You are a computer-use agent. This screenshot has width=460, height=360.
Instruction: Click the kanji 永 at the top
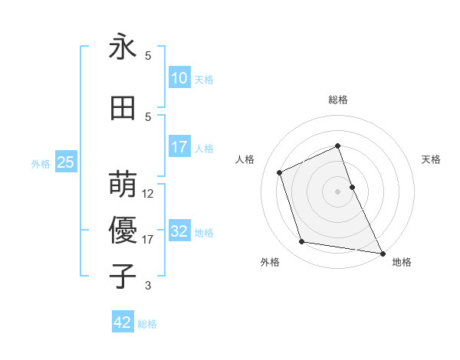point(123,47)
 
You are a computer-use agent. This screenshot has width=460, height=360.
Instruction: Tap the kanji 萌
point(123,184)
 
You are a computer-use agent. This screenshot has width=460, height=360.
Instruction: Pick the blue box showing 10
point(179,79)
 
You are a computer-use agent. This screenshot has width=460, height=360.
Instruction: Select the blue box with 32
point(179,232)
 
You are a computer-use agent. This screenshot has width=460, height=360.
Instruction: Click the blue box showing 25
point(65,163)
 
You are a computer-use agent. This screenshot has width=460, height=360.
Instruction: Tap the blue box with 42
point(123,322)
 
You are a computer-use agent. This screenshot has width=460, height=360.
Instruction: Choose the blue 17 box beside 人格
point(179,147)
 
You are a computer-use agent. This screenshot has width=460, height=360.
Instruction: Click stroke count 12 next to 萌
point(148,194)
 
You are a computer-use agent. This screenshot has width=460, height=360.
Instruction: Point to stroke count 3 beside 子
point(148,286)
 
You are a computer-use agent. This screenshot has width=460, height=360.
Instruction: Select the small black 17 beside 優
point(148,240)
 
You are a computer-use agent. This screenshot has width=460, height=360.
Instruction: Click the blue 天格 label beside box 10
point(204,80)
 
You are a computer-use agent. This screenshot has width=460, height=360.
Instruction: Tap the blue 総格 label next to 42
point(147,323)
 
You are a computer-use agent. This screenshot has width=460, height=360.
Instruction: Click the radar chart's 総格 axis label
point(337,100)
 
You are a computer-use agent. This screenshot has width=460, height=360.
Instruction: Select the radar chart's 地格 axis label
point(402,262)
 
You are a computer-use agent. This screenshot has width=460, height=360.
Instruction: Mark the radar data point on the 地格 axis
point(382,253)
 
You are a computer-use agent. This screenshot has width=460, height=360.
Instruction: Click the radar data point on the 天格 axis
point(352,187)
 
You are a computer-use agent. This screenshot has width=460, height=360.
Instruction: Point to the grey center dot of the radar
point(337,191)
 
